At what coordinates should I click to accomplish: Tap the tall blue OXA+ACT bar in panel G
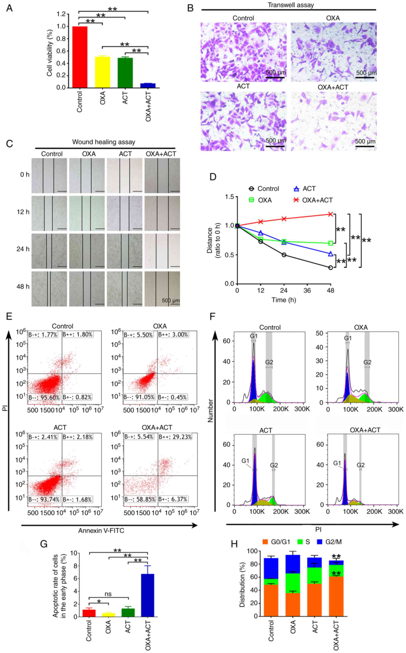(x=148, y=595)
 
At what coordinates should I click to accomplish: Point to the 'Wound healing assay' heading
(x=104, y=142)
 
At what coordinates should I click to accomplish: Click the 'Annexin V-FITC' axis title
(x=101, y=531)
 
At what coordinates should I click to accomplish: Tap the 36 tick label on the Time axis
(x=307, y=290)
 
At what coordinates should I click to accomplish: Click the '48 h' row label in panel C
(x=23, y=286)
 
